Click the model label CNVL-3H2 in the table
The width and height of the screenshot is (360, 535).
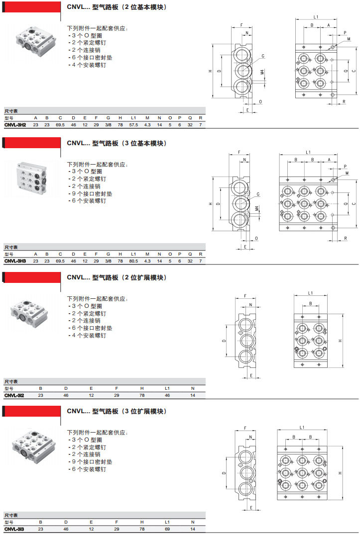coord(15,125)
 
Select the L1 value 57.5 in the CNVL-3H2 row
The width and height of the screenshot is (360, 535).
coord(133,125)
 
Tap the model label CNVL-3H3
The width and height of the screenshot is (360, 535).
coord(15,261)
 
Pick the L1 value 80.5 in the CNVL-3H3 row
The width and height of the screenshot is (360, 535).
coord(133,261)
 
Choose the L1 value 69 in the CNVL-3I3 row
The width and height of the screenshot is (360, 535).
coord(167,530)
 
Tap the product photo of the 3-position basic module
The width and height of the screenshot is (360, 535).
coord(32,176)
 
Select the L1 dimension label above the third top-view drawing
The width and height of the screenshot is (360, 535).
coord(310,293)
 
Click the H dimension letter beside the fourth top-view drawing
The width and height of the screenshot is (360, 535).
coord(341,473)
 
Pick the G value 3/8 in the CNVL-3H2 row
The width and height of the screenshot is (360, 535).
coord(108,125)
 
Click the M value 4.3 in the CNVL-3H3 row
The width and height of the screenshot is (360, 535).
coord(147,261)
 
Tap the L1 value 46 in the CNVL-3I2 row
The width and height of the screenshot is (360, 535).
coord(167,395)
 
